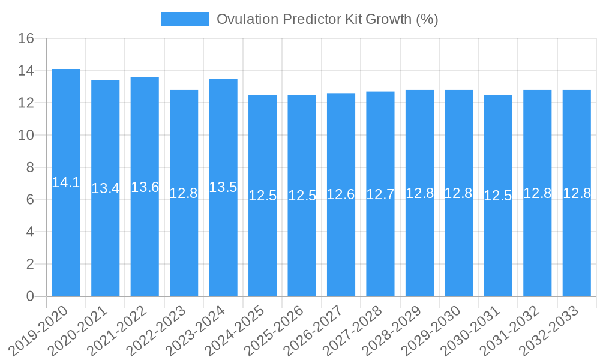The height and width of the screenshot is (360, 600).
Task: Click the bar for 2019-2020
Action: (66, 240)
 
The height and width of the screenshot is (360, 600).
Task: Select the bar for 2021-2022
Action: (145, 240)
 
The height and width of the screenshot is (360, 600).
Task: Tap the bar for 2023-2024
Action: (223, 240)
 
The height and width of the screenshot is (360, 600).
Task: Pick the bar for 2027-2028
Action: (380, 240)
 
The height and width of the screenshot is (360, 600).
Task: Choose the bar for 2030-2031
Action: (498, 240)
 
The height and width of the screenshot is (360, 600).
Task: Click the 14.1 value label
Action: (66, 182)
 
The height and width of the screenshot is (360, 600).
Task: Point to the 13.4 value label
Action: (106, 188)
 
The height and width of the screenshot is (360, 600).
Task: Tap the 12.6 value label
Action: (341, 194)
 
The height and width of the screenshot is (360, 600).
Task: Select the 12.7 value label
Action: (380, 194)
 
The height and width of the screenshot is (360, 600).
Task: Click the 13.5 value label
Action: (223, 187)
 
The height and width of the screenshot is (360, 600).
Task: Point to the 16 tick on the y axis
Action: (26, 39)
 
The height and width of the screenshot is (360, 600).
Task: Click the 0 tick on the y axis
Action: (30, 296)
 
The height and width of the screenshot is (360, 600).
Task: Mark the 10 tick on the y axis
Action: (26, 136)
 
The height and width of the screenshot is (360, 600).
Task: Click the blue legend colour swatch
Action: (185, 19)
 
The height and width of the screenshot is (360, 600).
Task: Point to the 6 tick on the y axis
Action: (30, 200)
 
